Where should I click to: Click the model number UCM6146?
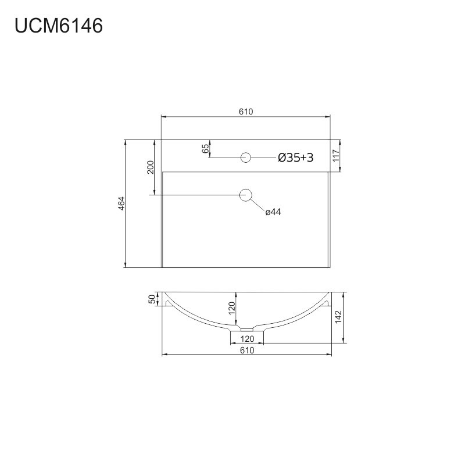[59, 26]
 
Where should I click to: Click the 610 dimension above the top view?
[246, 112]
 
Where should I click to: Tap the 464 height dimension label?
[121, 203]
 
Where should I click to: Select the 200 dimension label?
[151, 167]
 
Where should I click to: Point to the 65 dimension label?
[205, 149]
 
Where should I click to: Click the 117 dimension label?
[336, 156]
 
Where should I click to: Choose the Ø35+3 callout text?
[296, 158]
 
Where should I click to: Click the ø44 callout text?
[273, 212]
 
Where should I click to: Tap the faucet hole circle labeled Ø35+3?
[245, 152]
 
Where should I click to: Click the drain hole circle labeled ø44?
[245, 189]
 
